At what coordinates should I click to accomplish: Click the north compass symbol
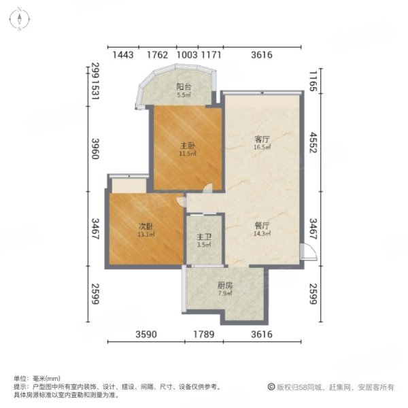22,18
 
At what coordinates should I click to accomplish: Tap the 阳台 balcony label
183,87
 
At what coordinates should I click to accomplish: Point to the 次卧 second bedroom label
144,227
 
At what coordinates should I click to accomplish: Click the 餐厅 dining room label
262,226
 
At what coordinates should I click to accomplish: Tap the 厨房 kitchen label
225,286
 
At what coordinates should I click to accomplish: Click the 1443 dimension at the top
122,54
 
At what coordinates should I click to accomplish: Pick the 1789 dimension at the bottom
204,335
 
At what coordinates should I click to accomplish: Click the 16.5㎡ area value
262,147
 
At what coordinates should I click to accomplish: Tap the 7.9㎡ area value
225,294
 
